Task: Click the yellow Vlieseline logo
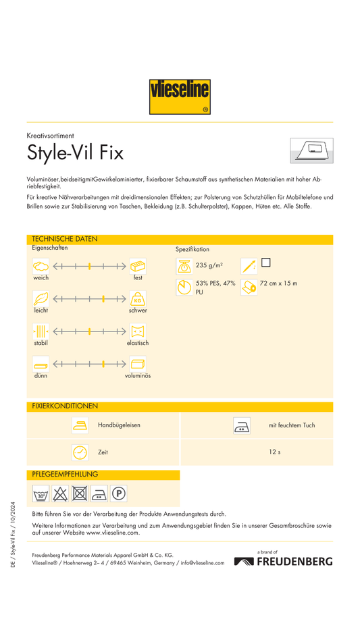pyautogui.click(x=180, y=97)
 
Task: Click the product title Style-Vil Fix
pyautogui.click(x=75, y=153)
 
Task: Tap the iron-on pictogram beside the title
pyautogui.click(x=311, y=151)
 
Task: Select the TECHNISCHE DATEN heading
pyautogui.click(x=64, y=239)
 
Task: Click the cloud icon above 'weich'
pyautogui.click(x=41, y=266)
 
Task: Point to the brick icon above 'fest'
pyautogui.click(x=138, y=266)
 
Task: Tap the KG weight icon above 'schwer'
pyautogui.click(x=138, y=299)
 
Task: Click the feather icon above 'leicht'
pyautogui.click(x=41, y=299)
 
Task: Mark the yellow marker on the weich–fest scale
pyautogui.click(x=89, y=267)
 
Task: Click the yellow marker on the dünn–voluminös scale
pyautogui.click(x=103, y=364)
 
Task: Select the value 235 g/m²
pyautogui.click(x=209, y=265)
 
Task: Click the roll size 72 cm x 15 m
pyautogui.click(x=278, y=284)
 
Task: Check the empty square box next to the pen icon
pyautogui.click(x=265, y=263)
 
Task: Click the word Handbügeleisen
pyautogui.click(x=119, y=425)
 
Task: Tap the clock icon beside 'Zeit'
pyautogui.click(x=80, y=452)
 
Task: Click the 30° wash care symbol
pyautogui.click(x=41, y=494)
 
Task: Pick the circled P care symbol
pyautogui.click(x=119, y=494)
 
